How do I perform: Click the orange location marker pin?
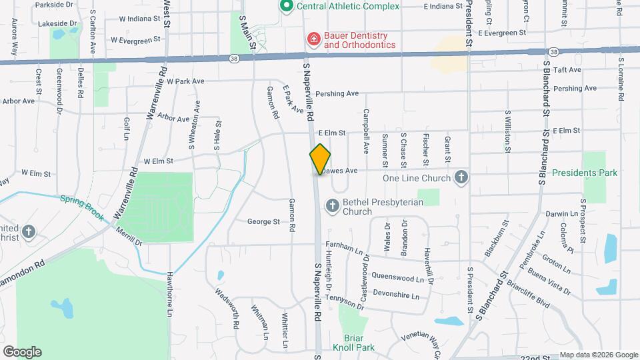(x=320, y=159)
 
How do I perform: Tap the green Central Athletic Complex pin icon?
(x=287, y=6)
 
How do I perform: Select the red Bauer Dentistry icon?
(x=312, y=40)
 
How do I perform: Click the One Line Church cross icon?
(x=460, y=178)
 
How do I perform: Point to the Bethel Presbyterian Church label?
(x=383, y=207)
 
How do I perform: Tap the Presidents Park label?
(x=585, y=173)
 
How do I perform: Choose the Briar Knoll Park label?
(x=359, y=342)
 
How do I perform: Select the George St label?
(x=263, y=222)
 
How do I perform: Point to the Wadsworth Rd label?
(x=227, y=307)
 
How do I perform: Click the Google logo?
(x=22, y=351)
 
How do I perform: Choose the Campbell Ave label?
(x=366, y=127)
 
